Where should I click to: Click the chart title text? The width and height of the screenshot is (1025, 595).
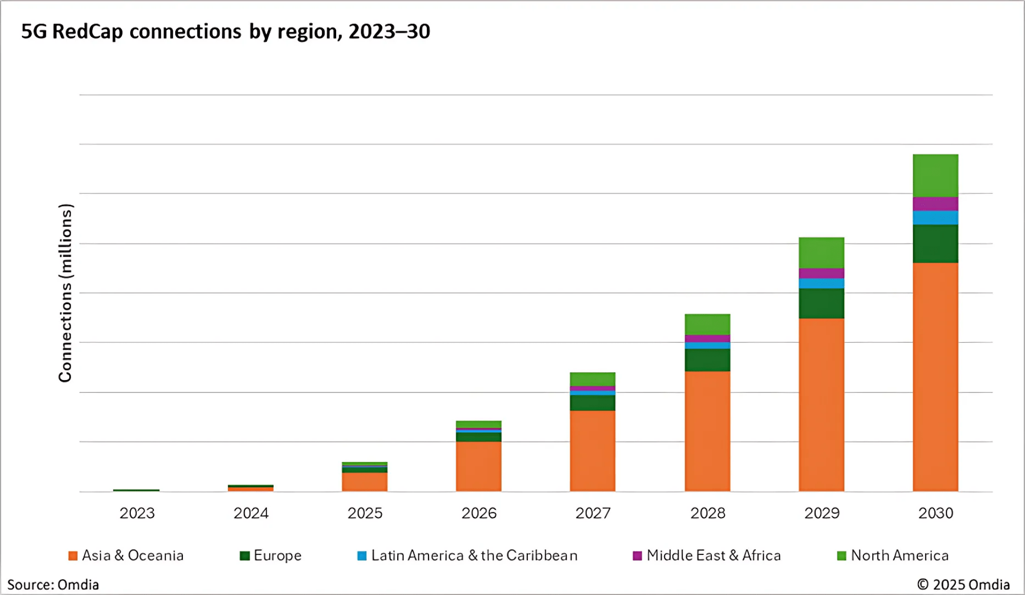[x=225, y=32]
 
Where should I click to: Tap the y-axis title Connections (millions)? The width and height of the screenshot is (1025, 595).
[x=65, y=293]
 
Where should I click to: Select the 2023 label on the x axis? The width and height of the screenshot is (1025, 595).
[x=137, y=513]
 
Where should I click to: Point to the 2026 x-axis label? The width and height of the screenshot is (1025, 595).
[x=479, y=513]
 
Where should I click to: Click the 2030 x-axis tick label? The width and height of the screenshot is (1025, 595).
[x=935, y=513]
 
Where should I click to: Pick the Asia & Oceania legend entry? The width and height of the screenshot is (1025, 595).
[x=127, y=556]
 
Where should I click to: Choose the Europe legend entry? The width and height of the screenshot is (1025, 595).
[x=271, y=556]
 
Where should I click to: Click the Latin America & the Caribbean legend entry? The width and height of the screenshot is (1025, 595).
[x=467, y=556]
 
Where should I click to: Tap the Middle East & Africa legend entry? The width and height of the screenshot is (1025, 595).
[x=707, y=556]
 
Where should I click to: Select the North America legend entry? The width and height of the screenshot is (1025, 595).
[x=893, y=556]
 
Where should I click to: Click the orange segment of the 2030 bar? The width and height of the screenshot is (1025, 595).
[x=935, y=377]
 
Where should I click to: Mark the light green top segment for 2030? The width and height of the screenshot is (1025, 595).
[x=935, y=175]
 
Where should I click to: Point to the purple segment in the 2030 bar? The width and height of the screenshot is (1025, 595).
[x=935, y=204]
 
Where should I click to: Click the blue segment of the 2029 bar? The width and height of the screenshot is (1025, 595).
[x=822, y=283]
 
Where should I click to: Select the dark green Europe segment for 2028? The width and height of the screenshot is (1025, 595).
[x=707, y=360]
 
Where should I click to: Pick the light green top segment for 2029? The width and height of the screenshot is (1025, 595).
[x=822, y=252]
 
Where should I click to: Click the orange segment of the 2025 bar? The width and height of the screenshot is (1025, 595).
[x=364, y=482]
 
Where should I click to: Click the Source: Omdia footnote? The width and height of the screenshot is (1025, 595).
[x=53, y=585]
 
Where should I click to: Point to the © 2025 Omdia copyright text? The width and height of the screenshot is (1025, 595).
[x=963, y=585]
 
